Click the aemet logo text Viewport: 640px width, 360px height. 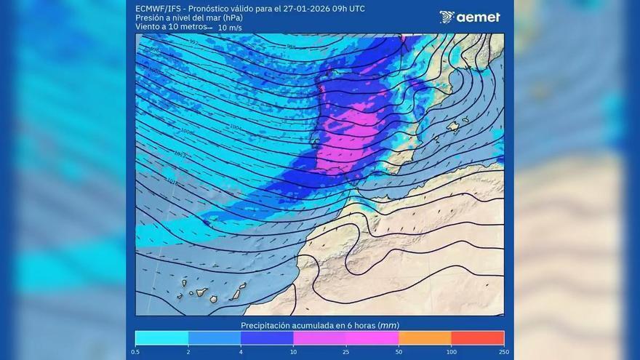click(478, 17)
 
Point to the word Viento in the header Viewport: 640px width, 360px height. click(148, 27)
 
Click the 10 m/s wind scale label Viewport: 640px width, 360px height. click(231, 28)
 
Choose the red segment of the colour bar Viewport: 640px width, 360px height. click(477, 337)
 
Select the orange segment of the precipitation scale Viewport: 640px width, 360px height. click(425, 337)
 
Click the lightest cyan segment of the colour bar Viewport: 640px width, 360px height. click(161, 337)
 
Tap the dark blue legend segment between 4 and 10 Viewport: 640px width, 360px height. click(267, 337)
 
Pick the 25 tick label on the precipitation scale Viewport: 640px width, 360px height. click(345, 351)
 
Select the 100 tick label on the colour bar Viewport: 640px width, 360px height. click(451, 351)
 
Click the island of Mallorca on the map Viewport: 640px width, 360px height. click(453, 127)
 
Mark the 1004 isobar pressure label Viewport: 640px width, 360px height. click(235, 127)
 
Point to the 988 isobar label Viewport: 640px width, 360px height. click(291, 47)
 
